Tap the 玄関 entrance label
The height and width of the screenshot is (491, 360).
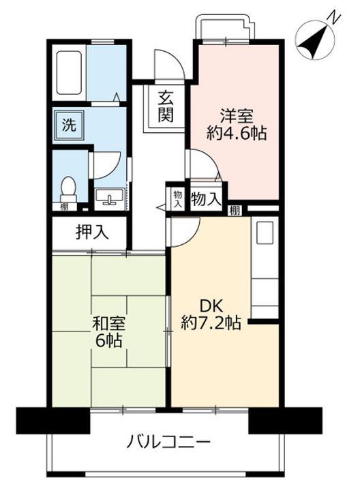pos(165,106)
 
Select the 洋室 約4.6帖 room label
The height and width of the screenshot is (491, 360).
pos(237,124)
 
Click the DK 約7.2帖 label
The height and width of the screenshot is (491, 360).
pos(211,314)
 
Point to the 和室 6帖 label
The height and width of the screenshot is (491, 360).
pos(108,332)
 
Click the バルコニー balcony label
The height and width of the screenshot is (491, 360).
pos(168,443)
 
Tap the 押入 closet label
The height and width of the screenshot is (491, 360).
pos(92,233)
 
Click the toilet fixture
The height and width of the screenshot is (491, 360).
pos(68,190)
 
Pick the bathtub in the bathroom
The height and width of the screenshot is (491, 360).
pos(69,73)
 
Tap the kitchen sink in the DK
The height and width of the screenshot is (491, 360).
pos(265,233)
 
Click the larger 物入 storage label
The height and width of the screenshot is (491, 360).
pos(207,199)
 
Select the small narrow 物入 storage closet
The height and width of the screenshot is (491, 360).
pos(178,198)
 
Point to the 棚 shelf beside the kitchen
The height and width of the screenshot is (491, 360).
pos(235,211)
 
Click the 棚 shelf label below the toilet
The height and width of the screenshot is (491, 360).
pos(65,207)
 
